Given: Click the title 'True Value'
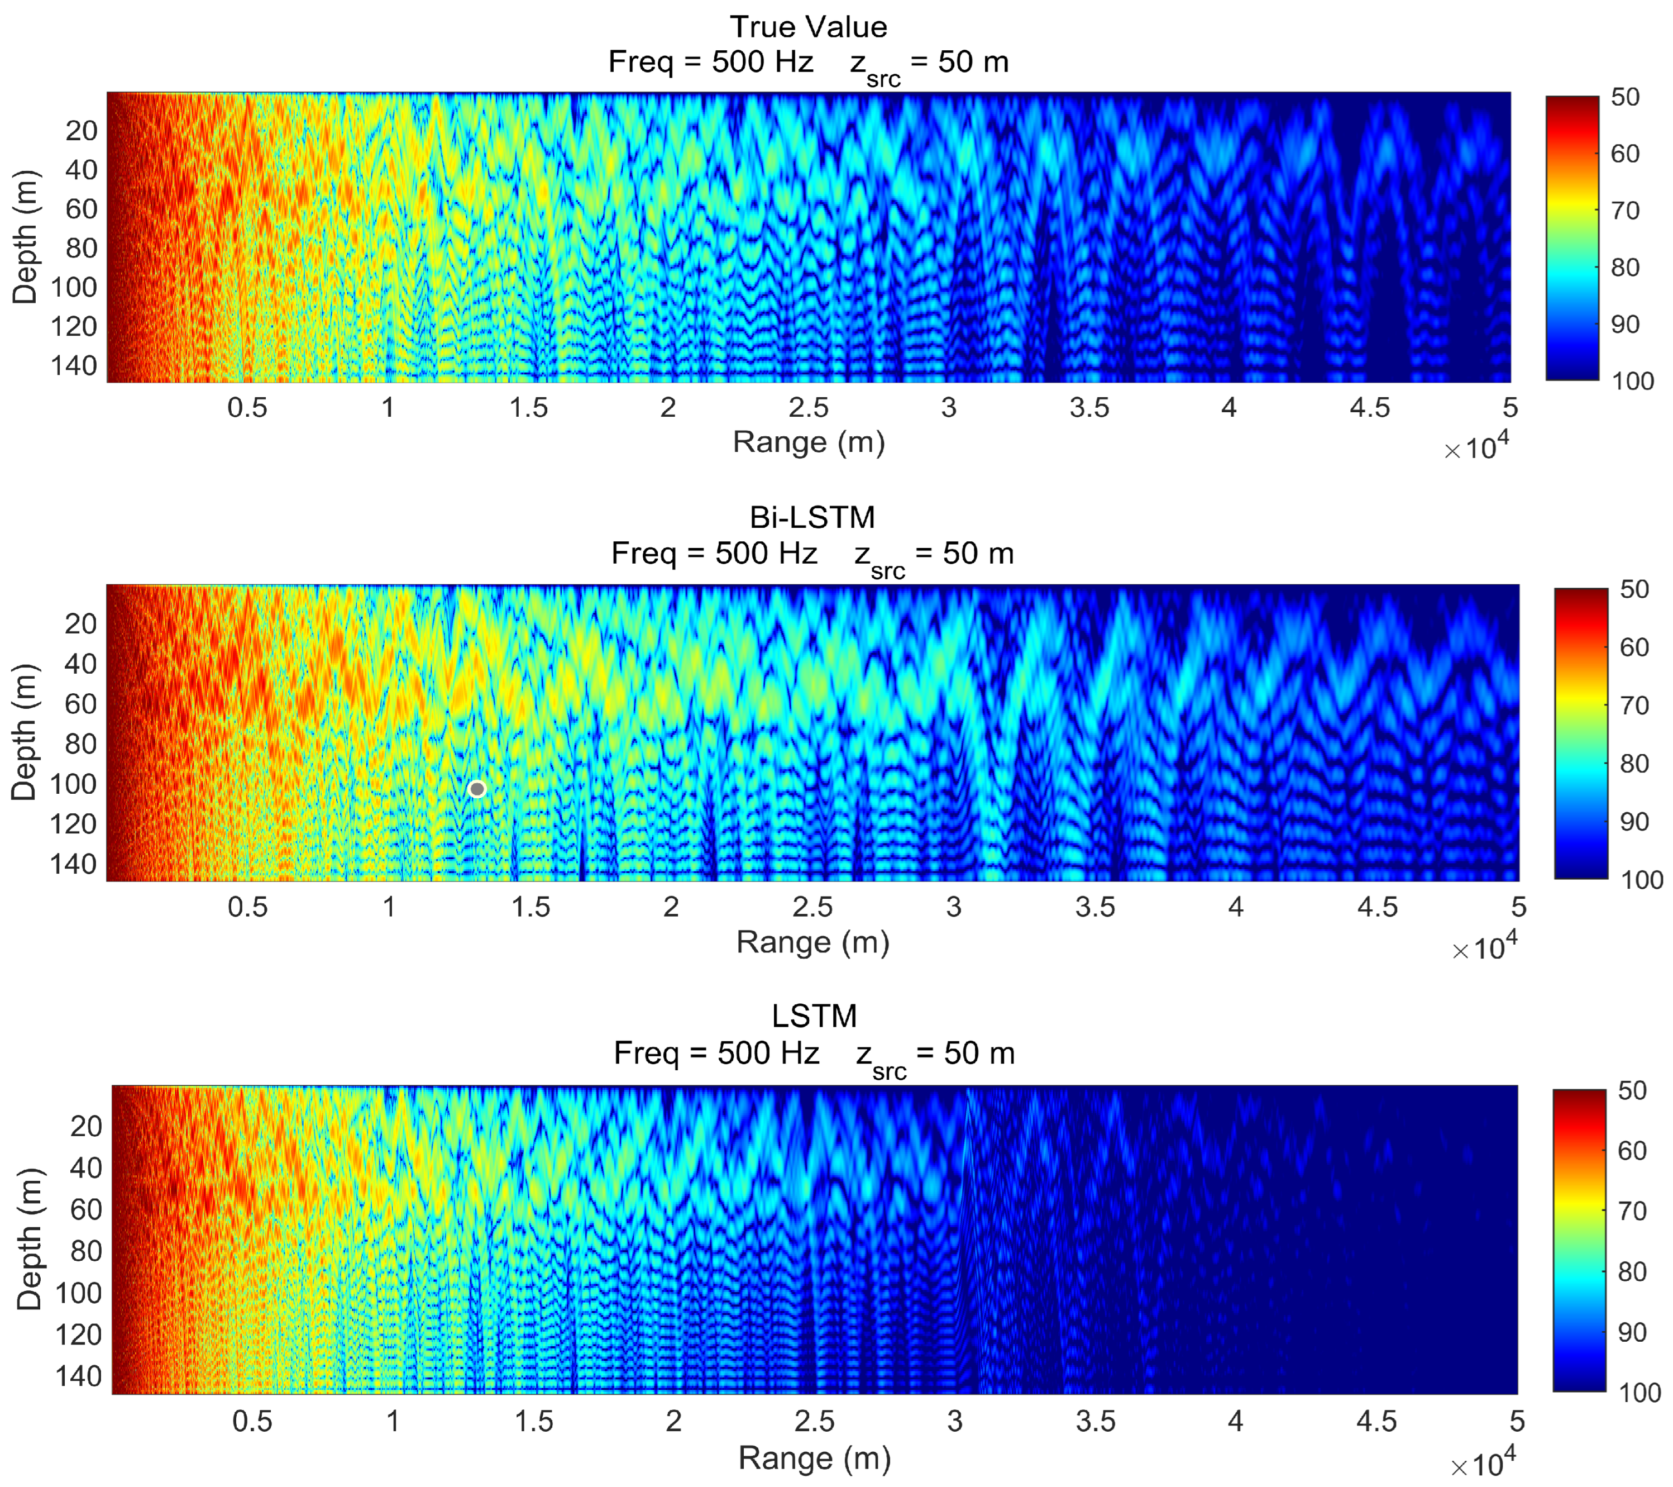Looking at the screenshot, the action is (809, 27).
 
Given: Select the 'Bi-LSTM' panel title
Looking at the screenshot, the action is (812, 517).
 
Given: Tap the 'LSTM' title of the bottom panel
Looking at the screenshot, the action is (814, 1016).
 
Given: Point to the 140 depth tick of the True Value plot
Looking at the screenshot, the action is (74, 365).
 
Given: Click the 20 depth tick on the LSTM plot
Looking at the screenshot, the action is (86, 1126).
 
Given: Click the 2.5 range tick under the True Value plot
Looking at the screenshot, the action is (809, 408).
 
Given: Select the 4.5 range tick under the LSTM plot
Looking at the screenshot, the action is (1376, 1422).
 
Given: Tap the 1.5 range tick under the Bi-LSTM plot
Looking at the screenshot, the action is (530, 907).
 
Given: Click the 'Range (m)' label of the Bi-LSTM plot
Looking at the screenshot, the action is (812, 942).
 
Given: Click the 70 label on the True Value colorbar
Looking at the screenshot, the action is (1625, 211).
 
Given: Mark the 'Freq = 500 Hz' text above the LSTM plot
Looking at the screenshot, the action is (716, 1053).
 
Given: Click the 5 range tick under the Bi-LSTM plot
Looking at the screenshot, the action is (1519, 907).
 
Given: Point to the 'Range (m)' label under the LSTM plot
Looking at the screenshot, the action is (814, 1459).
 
